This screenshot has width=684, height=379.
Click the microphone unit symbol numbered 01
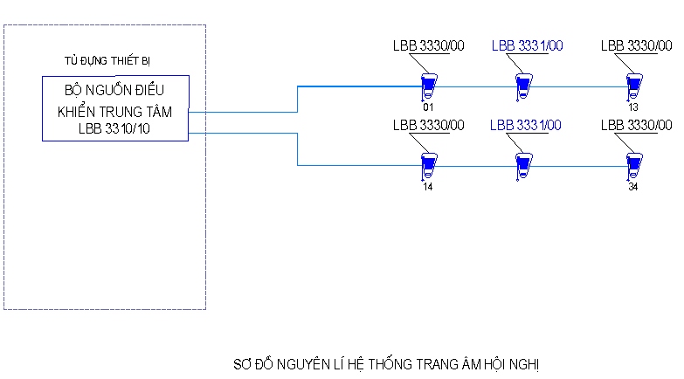(x=429, y=85)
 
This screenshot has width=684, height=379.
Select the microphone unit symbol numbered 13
(x=633, y=85)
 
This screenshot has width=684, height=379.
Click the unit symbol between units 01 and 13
(x=522, y=86)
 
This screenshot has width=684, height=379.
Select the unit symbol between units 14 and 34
(x=522, y=164)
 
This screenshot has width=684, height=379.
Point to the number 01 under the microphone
(x=428, y=107)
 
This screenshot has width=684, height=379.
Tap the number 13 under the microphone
(x=632, y=107)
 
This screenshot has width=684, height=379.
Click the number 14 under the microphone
(x=428, y=186)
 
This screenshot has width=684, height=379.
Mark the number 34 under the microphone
(x=632, y=186)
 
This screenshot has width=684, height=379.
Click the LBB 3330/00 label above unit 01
(x=428, y=45)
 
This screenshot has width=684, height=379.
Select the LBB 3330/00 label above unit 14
(x=428, y=125)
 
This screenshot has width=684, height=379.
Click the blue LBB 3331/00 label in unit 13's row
(x=527, y=45)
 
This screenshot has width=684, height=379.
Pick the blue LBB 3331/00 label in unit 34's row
(x=526, y=125)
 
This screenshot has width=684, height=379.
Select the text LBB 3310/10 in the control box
(x=114, y=129)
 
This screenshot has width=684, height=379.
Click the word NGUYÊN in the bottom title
(x=299, y=361)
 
